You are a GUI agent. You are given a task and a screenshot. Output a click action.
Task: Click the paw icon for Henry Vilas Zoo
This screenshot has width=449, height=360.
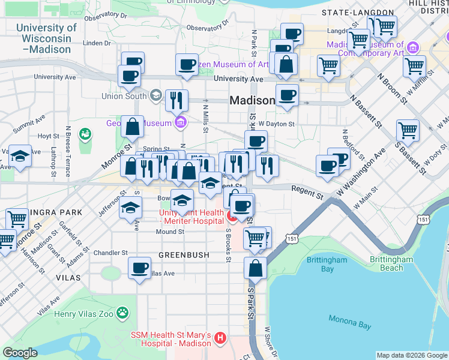point(123,313)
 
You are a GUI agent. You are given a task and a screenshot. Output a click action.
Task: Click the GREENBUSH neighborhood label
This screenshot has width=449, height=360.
point(184,255)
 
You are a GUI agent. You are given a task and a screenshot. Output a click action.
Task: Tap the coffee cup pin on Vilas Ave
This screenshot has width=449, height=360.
point(139,268)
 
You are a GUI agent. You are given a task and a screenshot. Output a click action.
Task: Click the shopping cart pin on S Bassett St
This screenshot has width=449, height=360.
point(408,130)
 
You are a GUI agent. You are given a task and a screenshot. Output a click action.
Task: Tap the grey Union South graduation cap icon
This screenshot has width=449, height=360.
point(156,95)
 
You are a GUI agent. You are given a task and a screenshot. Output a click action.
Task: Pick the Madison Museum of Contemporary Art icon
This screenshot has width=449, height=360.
point(412,47)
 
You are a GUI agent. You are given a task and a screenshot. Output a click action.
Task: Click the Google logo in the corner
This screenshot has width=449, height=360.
point(20,353)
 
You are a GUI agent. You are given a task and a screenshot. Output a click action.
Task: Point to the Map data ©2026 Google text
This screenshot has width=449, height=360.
point(411,355)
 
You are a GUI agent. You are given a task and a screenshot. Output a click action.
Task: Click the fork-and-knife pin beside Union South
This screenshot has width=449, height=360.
point(176,100)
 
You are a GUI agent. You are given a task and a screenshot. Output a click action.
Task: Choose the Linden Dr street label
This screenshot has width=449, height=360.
point(93,43)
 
